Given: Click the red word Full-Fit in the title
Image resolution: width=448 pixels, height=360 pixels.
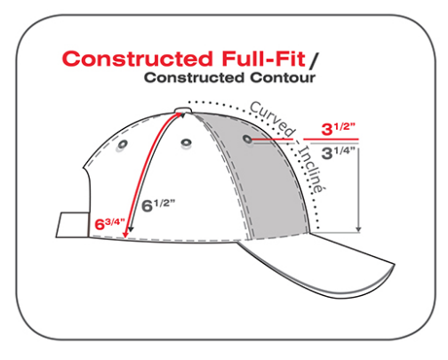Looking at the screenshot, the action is pos(263,59).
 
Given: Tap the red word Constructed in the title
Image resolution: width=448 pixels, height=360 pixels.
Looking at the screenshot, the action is pos(137,59).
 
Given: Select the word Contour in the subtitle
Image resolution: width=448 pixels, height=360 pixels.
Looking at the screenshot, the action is pos(283,77).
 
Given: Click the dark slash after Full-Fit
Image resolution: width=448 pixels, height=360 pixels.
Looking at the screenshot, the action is pos(313,60).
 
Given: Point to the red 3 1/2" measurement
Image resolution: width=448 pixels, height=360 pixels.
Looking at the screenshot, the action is pos(338,129).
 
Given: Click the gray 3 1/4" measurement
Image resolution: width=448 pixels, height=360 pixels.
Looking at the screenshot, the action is pos(338,153).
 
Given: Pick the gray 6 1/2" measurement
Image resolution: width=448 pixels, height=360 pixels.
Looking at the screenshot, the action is pos(158,205).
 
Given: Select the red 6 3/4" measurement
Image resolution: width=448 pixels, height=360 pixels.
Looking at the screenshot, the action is pos(109,224).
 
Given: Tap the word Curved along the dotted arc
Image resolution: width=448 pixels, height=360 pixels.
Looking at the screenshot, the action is pos(273,119).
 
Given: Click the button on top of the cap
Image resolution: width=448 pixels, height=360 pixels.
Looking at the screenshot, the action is pos(183,111).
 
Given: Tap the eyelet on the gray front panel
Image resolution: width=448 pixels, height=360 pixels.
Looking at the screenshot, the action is pos(247,139).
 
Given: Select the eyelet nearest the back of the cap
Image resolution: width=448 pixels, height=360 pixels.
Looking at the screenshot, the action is pos(123,145).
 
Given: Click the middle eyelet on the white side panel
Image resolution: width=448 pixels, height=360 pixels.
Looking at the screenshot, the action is pos(186,142).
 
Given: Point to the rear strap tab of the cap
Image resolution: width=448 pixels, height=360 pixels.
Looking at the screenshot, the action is pos(73,225).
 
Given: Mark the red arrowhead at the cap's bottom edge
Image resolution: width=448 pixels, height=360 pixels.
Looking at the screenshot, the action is pos(125,234).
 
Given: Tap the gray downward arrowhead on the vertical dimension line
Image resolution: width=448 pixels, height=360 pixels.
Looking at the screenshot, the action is pos(358,229).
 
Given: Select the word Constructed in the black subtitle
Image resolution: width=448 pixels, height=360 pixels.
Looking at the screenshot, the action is pos(195,77).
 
